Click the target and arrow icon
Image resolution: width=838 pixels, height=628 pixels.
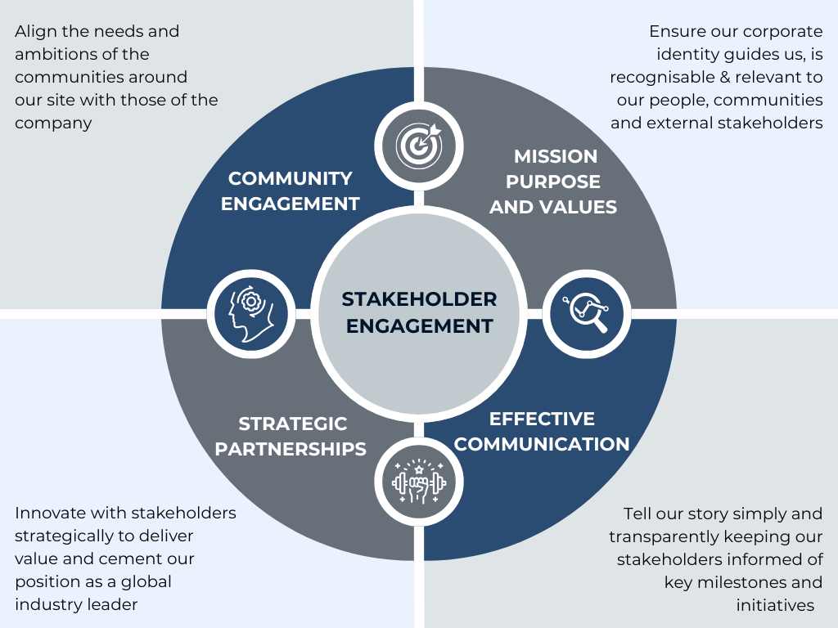(x=419, y=143)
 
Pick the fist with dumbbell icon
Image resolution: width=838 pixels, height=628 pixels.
(x=419, y=482)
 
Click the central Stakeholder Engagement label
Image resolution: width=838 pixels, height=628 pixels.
(x=419, y=312)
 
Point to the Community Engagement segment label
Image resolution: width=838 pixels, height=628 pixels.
(x=291, y=191)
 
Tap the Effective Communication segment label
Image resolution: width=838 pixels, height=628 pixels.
(x=542, y=432)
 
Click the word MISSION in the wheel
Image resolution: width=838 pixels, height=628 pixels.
(x=556, y=156)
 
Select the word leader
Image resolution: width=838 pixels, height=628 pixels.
(x=112, y=605)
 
